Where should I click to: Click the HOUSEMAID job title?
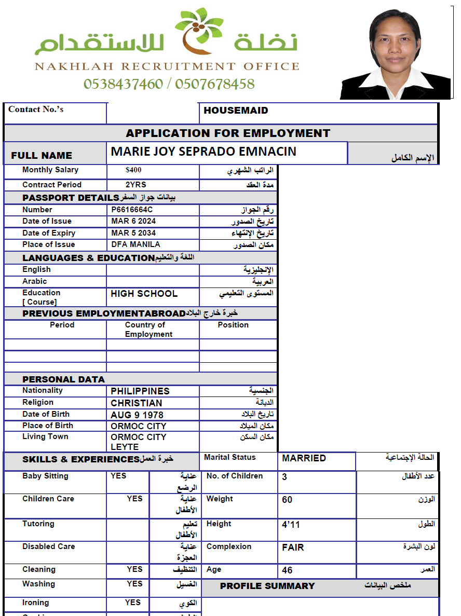tap(236, 111)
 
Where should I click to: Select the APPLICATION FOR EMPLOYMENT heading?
tap(228, 133)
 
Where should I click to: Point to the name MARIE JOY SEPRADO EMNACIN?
tap(204, 152)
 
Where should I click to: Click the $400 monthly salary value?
tap(133, 170)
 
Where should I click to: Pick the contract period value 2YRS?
tap(136, 185)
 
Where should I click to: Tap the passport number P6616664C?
tap(132, 210)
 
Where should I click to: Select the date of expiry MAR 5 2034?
tap(133, 233)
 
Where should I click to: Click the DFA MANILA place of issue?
tap(135, 244)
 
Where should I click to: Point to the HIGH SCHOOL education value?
tap(144, 294)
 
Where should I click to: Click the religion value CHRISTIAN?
tap(137, 403)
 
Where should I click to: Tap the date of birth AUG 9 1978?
tap(137, 415)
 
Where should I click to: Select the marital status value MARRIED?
tap(304, 458)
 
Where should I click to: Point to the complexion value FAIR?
tap(293, 547)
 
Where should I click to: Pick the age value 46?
tap(287, 570)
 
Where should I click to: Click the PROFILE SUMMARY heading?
tap(267, 586)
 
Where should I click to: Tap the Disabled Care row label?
tap(49, 546)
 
